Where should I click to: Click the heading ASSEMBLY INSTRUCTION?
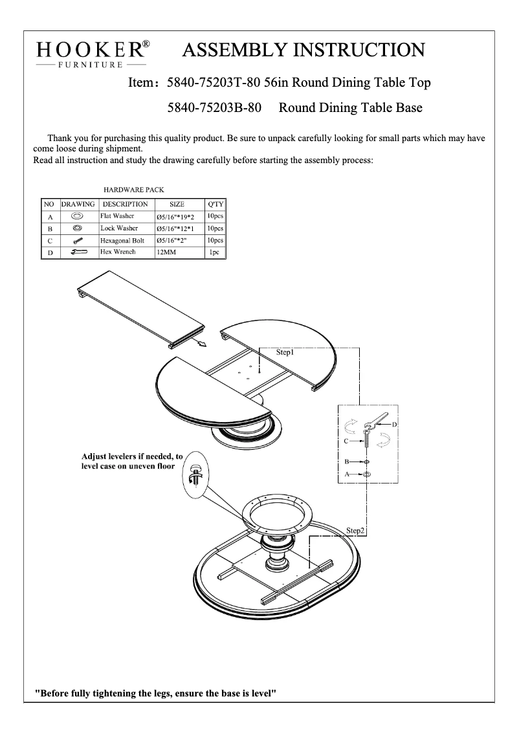(x=304, y=50)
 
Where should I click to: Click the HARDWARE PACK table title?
(x=134, y=190)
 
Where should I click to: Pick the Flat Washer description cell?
(x=117, y=216)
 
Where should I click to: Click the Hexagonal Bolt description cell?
(x=122, y=241)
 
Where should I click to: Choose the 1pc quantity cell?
(x=214, y=252)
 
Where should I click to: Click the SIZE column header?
(x=177, y=204)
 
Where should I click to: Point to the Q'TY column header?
(x=215, y=204)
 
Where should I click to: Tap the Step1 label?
(x=285, y=353)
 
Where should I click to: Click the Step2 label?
(x=355, y=530)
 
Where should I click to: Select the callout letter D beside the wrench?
(x=393, y=423)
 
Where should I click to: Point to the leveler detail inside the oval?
(x=196, y=474)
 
